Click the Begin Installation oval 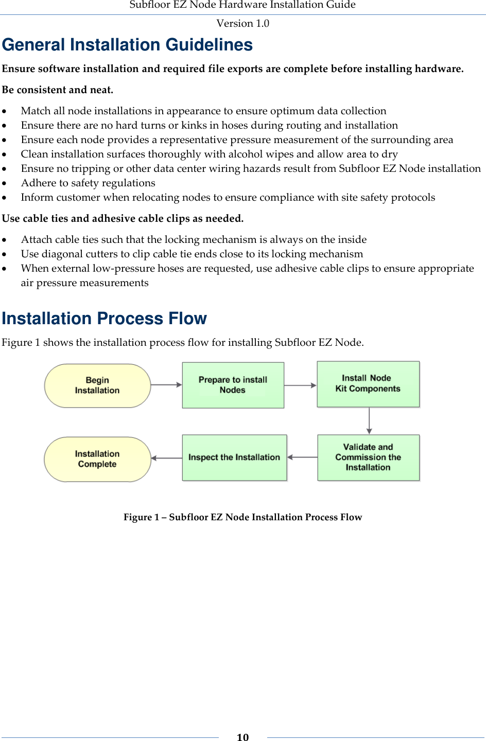tap(97, 385)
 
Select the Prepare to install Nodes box tap(233, 385)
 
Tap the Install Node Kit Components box tap(368, 384)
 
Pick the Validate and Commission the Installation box tap(368, 457)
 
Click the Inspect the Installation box tap(234, 457)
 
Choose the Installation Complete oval tap(97, 459)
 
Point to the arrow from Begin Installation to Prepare tap(166, 384)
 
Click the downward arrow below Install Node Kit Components tap(369, 420)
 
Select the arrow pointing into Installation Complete tap(166, 458)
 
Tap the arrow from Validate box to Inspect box tap(302, 457)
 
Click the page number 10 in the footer tap(242, 737)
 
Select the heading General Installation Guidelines tap(127, 45)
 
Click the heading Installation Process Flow tap(104, 319)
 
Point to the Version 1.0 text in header tap(242, 23)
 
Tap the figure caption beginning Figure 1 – tap(242, 517)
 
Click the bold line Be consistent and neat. tap(58, 90)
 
